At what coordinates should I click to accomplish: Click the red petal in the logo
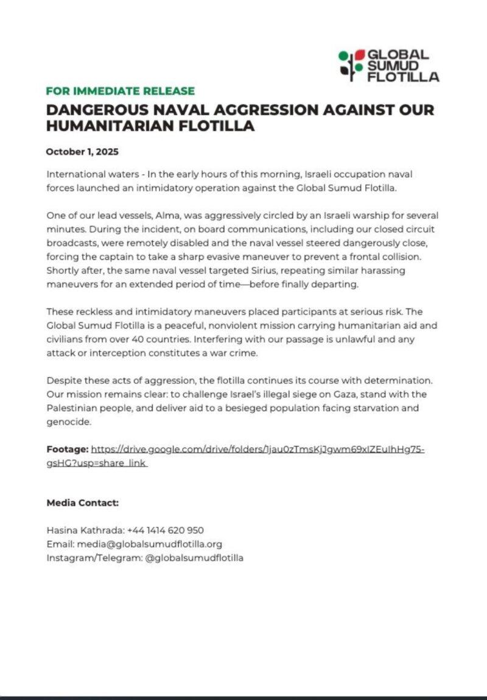pyautogui.click(x=360, y=54)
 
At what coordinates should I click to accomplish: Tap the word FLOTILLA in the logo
pyautogui.click(x=403, y=77)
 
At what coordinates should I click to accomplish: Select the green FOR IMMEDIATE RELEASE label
pyautogui.click(x=121, y=91)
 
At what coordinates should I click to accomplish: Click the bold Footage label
pyautogui.click(x=67, y=450)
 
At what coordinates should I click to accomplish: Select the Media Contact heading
pyautogui.click(x=82, y=503)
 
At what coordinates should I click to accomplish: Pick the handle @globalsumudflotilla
pyautogui.click(x=194, y=557)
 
